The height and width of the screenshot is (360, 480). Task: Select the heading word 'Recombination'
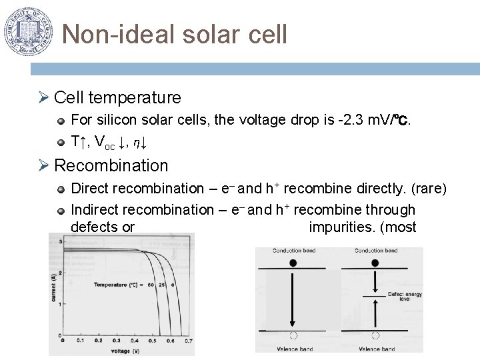pos(111,165)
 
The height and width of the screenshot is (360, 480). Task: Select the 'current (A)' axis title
pos(53,288)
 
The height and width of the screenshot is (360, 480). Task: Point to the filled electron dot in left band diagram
pos(293,263)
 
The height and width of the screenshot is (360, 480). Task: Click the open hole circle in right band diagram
pos(375,335)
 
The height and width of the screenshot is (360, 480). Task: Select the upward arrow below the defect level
pos(375,313)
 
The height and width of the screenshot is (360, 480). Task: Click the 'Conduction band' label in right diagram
pos(375,251)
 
